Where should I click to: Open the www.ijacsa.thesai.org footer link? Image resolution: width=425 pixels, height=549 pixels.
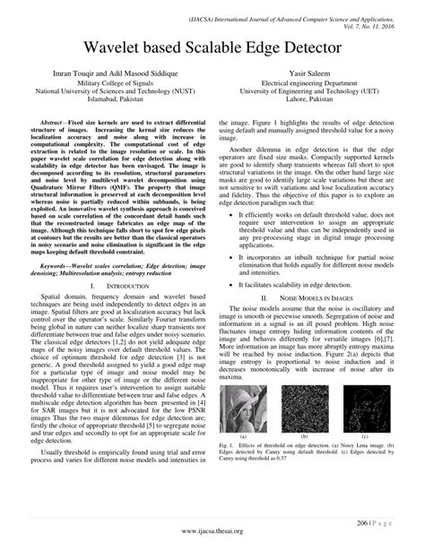(212, 535)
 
